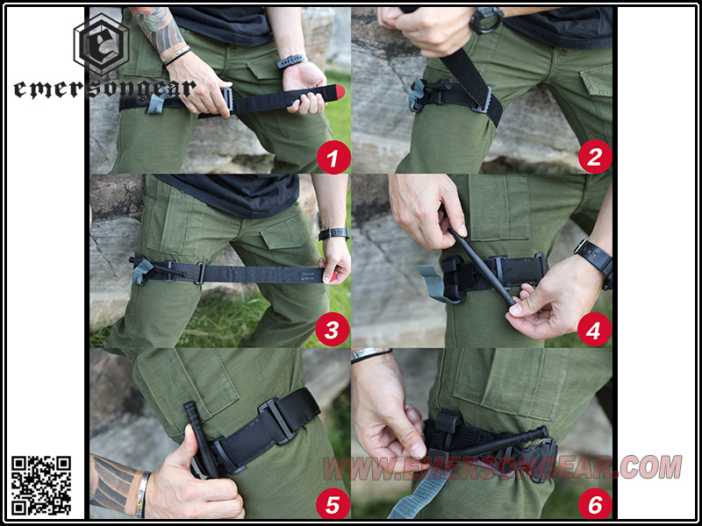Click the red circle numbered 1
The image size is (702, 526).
point(333,157)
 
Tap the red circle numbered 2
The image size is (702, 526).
point(595,157)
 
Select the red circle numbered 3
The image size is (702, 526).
point(333,330)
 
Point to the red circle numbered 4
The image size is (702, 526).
point(594,330)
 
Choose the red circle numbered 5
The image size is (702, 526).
point(333,503)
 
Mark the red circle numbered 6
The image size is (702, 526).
point(595,503)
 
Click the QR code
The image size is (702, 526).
point(40,485)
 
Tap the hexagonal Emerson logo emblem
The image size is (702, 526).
point(101,45)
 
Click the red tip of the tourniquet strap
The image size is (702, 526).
point(340,92)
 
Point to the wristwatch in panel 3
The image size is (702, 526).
point(334,233)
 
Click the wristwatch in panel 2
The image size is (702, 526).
point(486,20)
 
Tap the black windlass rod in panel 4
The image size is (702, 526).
point(482,267)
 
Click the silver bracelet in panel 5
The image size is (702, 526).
point(141,494)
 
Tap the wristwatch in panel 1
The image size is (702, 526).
point(292,61)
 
